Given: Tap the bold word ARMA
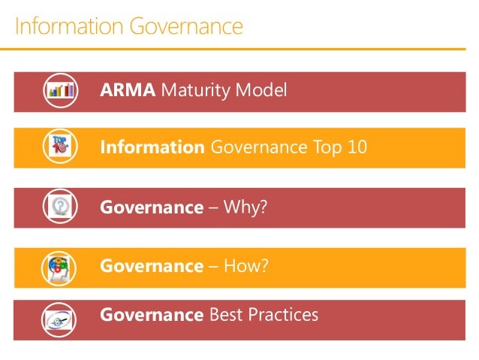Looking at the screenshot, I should click(x=128, y=91).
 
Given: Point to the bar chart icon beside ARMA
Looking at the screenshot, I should click(x=61, y=91).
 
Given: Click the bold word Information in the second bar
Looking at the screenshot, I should click(x=152, y=147).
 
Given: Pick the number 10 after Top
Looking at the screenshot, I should click(x=357, y=147).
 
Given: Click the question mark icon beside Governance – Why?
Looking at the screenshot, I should click(x=61, y=206).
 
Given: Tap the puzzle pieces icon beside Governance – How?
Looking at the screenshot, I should click(x=61, y=267).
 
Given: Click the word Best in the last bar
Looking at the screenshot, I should click(x=228, y=314).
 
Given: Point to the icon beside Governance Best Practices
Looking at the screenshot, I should click(x=61, y=316).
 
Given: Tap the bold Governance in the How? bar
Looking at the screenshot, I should click(x=152, y=266).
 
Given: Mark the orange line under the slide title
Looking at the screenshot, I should click(x=239, y=50).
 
